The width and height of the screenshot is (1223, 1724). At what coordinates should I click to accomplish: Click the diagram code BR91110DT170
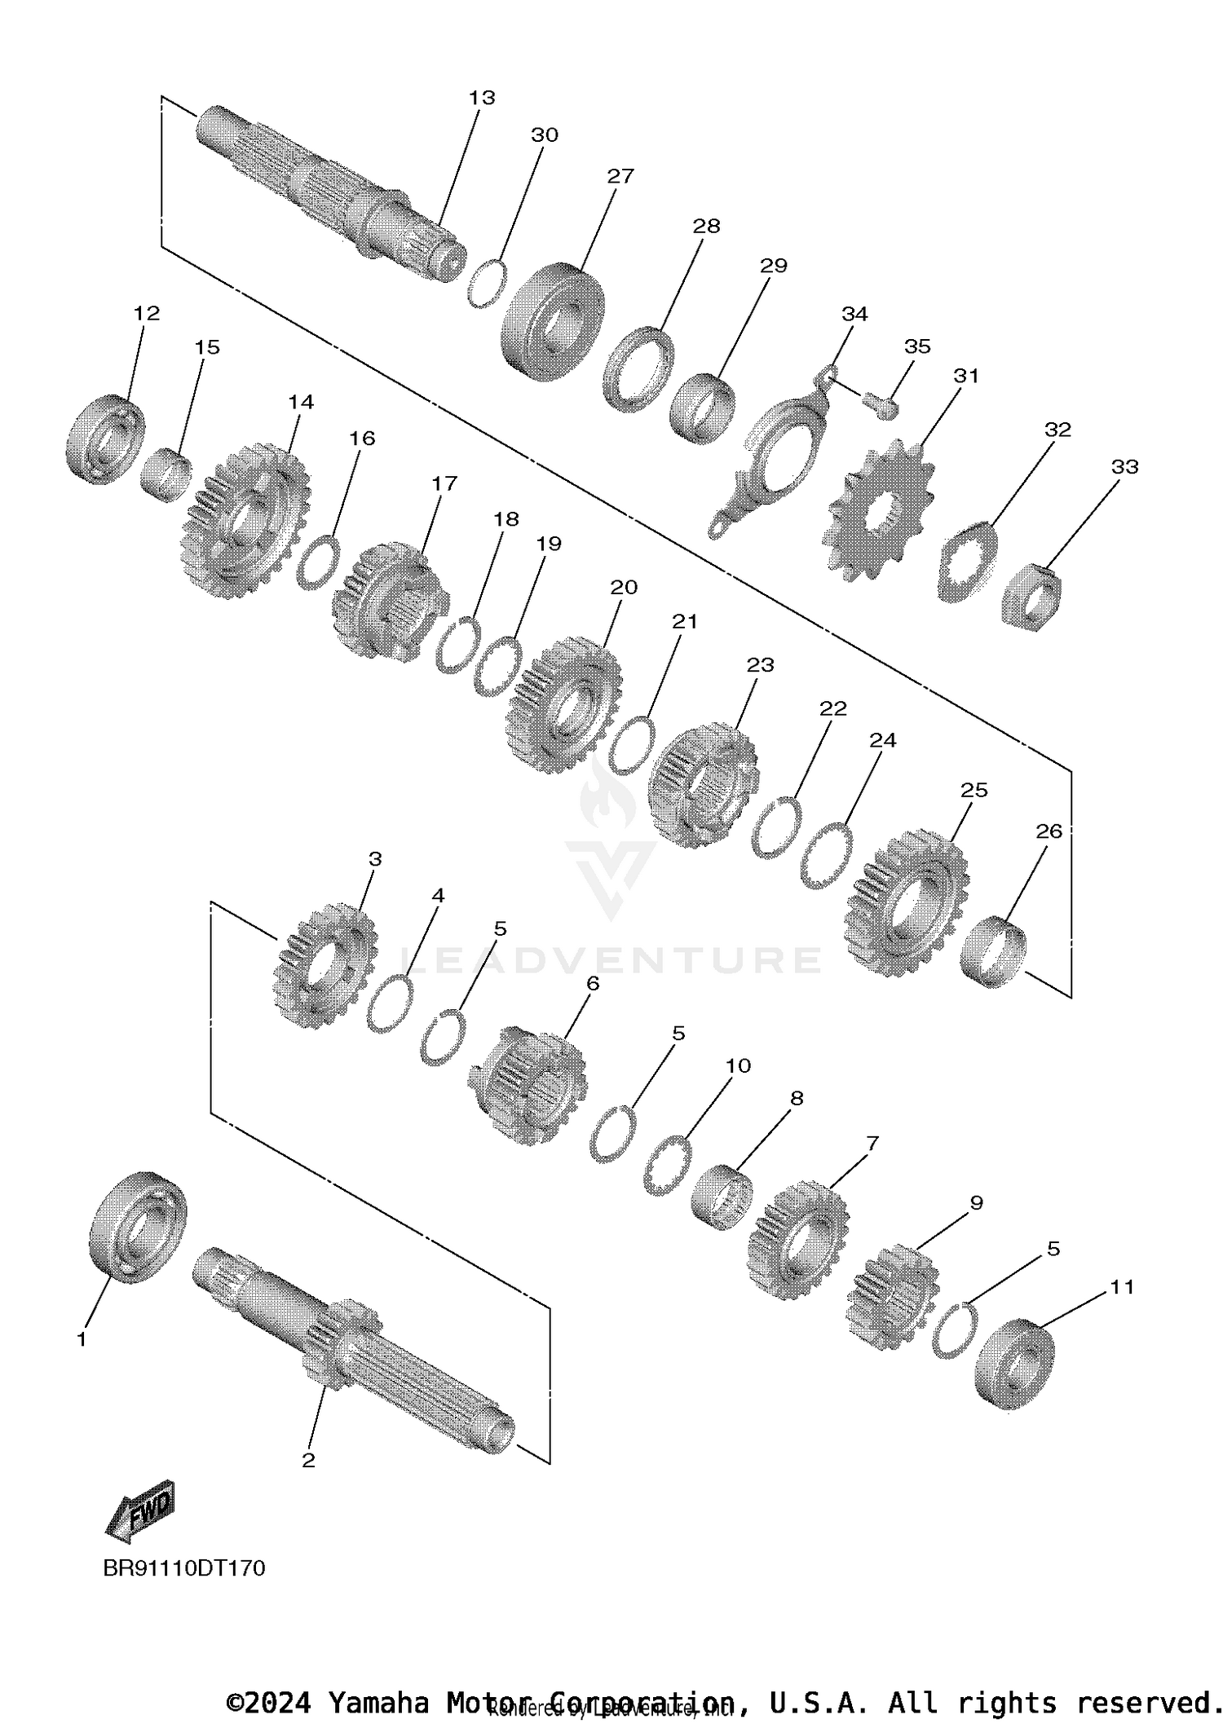point(184,1568)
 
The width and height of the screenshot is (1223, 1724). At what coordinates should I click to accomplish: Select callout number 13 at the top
point(482,98)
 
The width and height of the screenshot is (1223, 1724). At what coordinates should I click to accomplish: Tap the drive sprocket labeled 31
point(879,510)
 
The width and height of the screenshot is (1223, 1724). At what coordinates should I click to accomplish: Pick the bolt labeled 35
point(879,404)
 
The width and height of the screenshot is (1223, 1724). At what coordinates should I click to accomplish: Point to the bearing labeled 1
point(137,1227)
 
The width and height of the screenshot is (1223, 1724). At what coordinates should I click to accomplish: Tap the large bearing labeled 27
point(553,320)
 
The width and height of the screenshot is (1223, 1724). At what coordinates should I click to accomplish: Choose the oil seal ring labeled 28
point(639,368)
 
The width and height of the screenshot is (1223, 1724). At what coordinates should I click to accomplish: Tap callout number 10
point(738,1065)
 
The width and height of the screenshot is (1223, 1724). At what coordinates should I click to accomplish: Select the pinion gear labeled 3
point(325,965)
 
